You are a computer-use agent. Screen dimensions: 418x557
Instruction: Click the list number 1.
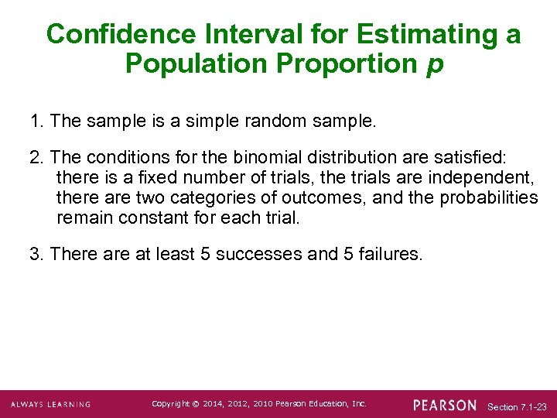point(35,121)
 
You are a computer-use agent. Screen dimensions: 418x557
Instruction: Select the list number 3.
point(35,255)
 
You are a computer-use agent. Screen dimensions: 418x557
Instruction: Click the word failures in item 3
point(391,255)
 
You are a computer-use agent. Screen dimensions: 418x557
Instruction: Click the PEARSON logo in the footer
point(445,405)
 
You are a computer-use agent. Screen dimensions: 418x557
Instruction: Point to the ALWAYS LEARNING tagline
point(50,405)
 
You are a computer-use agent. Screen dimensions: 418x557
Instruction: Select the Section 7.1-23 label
point(518,406)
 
